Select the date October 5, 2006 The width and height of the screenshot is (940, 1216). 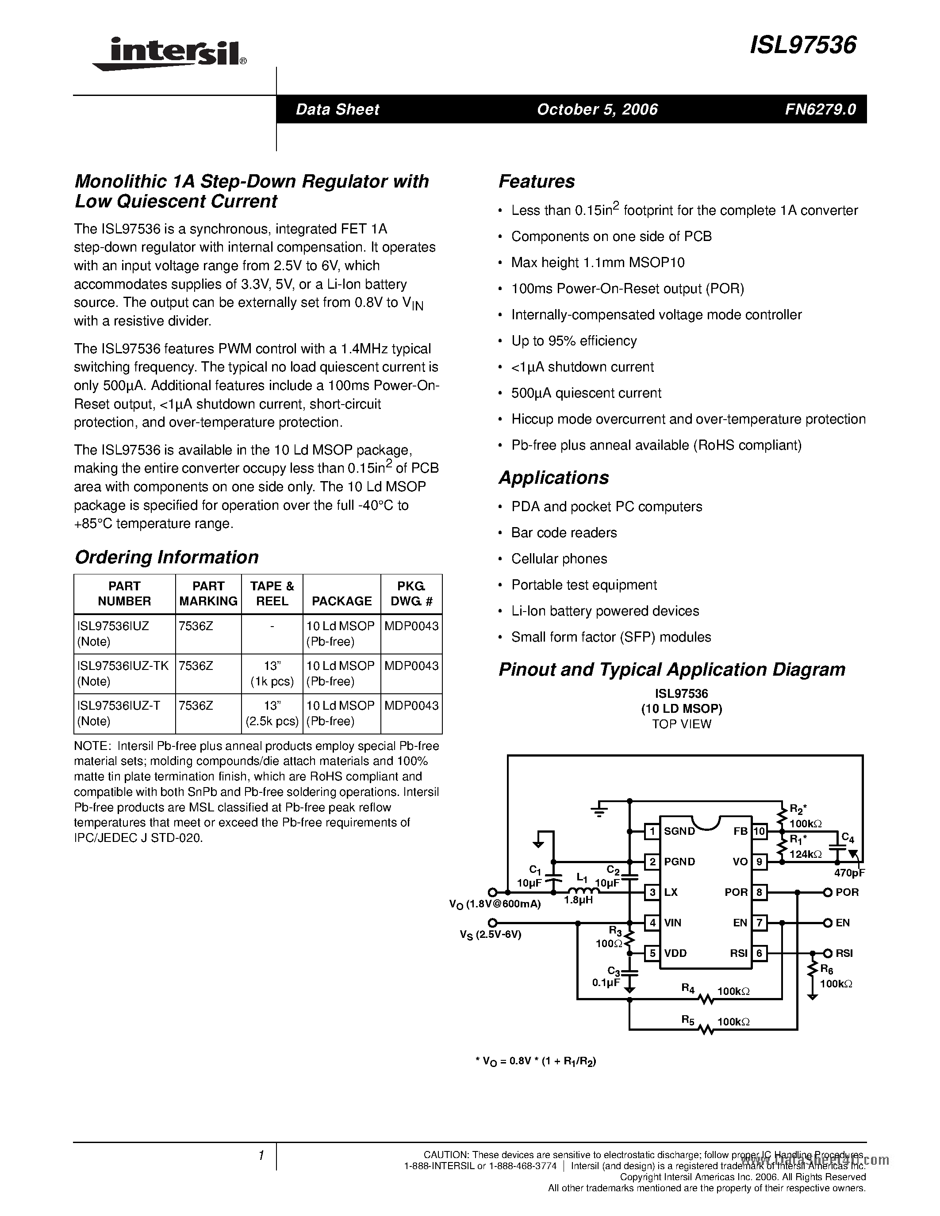click(x=597, y=110)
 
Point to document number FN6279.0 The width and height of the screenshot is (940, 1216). click(x=820, y=110)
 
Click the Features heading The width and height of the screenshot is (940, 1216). click(x=536, y=181)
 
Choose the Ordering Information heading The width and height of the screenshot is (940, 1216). click(x=166, y=557)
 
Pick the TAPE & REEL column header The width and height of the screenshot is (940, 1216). click(x=272, y=593)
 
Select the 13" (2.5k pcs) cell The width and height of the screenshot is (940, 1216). click(x=272, y=713)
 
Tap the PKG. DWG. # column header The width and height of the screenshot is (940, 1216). click(x=411, y=593)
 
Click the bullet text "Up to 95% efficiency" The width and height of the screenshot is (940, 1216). click(x=574, y=341)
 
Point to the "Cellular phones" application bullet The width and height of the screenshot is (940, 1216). click(x=559, y=559)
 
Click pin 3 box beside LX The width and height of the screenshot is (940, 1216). click(x=652, y=892)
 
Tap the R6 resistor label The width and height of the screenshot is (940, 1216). click(x=827, y=969)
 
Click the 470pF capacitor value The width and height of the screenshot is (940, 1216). click(x=849, y=873)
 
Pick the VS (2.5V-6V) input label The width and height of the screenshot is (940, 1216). click(x=490, y=935)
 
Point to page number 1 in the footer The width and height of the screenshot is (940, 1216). click(x=261, y=1156)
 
